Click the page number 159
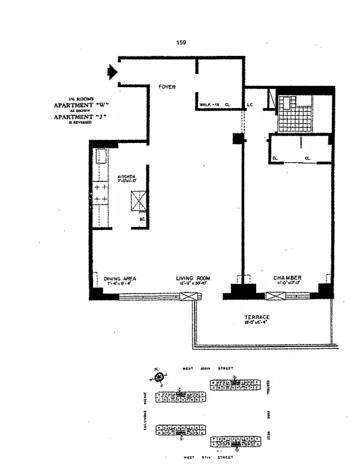point(181,42)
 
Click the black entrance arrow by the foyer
point(111,72)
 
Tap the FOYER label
point(167,87)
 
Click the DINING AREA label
point(120,278)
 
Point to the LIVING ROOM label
point(191,278)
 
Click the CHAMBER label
point(287,278)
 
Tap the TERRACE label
point(256,317)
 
